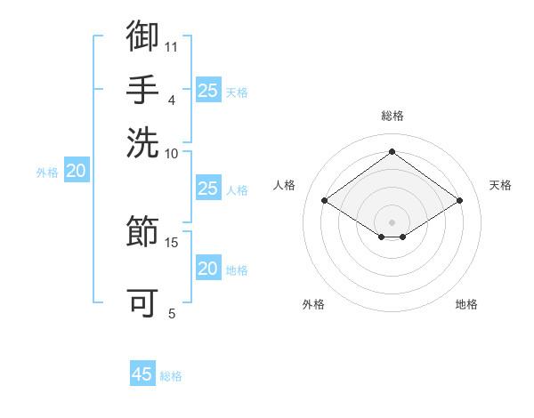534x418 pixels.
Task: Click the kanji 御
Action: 142,36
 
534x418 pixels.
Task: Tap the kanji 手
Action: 142,90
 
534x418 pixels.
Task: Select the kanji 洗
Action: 142,142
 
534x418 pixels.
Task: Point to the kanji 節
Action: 142,230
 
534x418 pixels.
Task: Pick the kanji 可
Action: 142,302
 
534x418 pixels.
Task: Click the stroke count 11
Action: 171,47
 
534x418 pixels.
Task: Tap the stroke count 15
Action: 171,243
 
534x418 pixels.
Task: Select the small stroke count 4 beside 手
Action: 172,100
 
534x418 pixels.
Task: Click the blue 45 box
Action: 142,373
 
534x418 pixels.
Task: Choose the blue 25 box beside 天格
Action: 208,90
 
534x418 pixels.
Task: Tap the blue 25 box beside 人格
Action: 208,188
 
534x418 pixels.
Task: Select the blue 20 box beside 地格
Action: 208,267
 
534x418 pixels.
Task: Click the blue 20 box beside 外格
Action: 77,170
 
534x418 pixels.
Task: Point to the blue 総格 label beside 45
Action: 171,376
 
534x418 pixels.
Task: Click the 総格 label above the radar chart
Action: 392,116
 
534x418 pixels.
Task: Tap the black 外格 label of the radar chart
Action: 313,304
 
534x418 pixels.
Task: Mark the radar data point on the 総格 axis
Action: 392,151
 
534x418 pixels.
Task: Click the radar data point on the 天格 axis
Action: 459,200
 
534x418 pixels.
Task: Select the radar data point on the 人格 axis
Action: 325,200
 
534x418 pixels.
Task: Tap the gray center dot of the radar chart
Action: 392,222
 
